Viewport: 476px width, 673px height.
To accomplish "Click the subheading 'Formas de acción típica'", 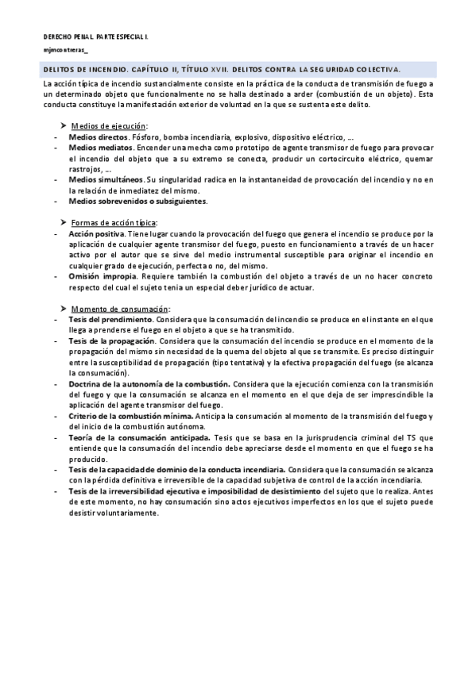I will [x=114, y=222].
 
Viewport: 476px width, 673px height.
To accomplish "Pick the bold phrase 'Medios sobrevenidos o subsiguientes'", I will [x=137, y=201].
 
